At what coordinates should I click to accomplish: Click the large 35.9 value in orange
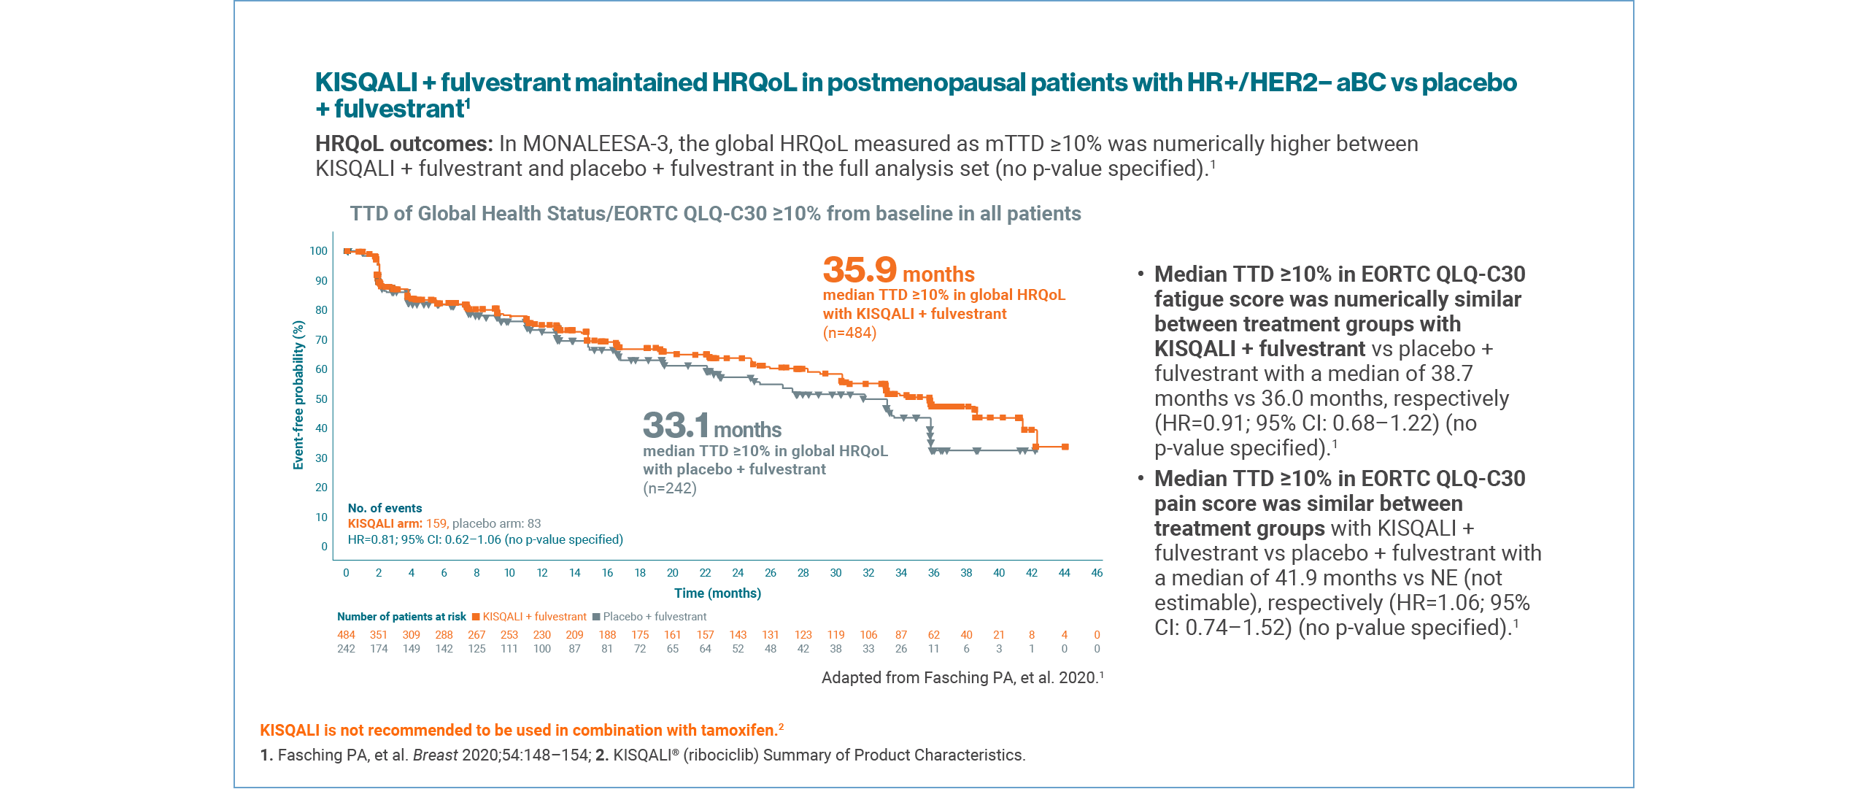tap(859, 270)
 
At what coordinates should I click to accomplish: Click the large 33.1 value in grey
tap(676, 426)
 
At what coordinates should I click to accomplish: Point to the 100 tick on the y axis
tap(318, 251)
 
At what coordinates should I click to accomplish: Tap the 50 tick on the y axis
tap(321, 399)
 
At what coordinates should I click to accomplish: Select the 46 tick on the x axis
tap(1097, 573)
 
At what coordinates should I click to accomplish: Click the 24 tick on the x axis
tap(738, 573)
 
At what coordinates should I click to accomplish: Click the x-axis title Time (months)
tap(717, 593)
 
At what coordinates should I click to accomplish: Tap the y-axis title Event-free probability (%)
tap(298, 395)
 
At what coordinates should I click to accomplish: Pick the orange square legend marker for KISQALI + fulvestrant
tap(476, 617)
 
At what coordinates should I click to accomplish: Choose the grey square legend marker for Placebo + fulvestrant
tap(596, 617)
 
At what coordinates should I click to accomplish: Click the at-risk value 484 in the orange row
tap(346, 635)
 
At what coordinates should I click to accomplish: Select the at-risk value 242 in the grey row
tap(346, 649)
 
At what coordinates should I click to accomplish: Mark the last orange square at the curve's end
tap(1065, 447)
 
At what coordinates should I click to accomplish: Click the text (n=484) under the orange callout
tap(849, 333)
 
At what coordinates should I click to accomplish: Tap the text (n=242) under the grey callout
tap(670, 488)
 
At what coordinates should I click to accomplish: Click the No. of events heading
tap(385, 508)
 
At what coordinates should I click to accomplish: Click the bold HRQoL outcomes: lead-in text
tap(404, 144)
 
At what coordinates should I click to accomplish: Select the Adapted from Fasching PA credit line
tap(962, 678)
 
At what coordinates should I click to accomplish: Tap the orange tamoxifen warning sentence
tap(521, 731)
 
